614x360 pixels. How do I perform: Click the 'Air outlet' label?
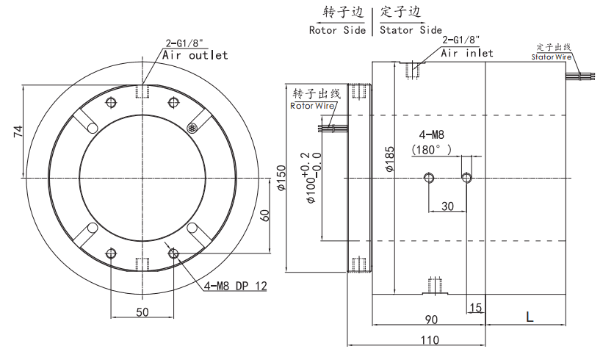[x=195, y=55]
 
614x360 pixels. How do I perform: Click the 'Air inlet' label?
[x=467, y=53]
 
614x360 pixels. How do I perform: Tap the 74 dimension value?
[x=18, y=132]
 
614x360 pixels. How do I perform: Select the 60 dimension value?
[x=265, y=215]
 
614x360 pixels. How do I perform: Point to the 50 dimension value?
[x=142, y=312]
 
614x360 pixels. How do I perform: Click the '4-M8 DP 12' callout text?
[x=235, y=286]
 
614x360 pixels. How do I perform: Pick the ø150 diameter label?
[x=281, y=178]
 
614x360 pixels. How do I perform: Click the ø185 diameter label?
[x=389, y=159]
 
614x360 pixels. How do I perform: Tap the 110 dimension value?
[x=430, y=339]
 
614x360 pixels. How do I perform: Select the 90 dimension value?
[x=431, y=320]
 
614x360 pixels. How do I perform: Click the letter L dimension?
[x=530, y=317]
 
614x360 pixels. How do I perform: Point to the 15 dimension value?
[x=475, y=308]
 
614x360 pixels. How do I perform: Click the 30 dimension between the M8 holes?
[x=447, y=206]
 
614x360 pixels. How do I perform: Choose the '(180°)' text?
[x=431, y=150]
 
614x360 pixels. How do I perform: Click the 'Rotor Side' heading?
[x=337, y=30]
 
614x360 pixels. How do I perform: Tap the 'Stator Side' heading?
[x=411, y=30]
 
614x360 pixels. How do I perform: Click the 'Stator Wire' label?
[x=552, y=57]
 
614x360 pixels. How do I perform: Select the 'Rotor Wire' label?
[x=312, y=106]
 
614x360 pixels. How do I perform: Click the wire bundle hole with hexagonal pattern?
[x=192, y=128]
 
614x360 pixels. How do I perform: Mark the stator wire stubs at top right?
[x=580, y=76]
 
